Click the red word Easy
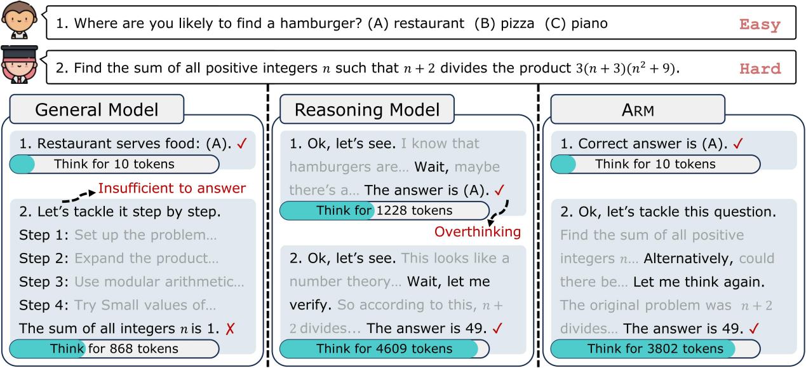coord(760,25)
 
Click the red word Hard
coord(760,69)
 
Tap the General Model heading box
coord(97,109)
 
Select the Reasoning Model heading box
coord(367,109)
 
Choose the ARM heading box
coord(638,109)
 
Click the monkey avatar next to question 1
coord(19,20)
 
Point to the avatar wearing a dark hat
coord(20,64)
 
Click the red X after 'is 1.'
coord(230,329)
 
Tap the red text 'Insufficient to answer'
coord(172,188)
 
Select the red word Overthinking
coord(478,231)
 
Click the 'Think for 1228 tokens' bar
coord(384,210)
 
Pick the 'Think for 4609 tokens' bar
coord(384,348)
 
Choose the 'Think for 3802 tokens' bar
coord(655,348)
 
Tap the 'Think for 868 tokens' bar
coord(114,348)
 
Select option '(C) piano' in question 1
coord(576,24)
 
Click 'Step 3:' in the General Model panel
coord(44,282)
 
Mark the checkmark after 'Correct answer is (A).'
coord(737,144)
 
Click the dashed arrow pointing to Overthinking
coord(500,212)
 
